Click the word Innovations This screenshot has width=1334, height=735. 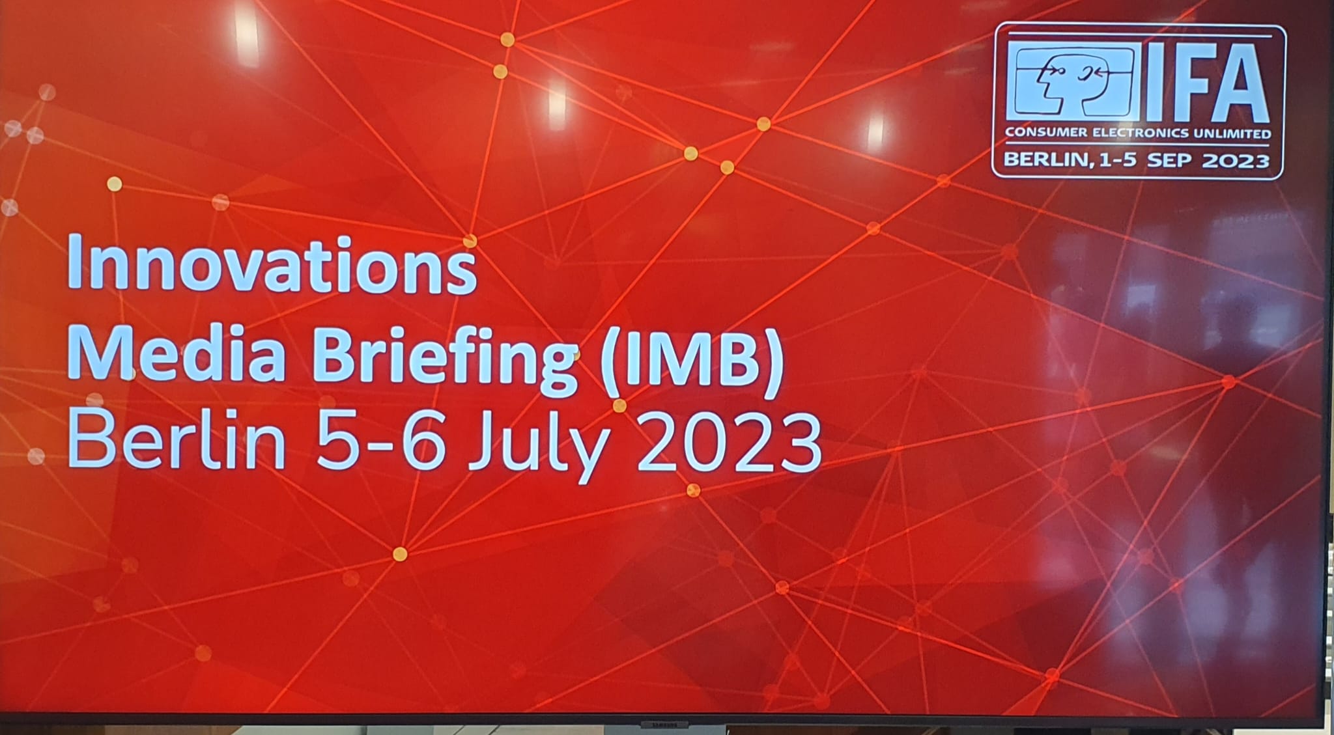coord(272,264)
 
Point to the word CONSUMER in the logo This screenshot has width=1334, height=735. coord(1046,133)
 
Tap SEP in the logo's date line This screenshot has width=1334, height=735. coord(1171,160)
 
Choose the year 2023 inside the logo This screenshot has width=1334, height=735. coord(1236,160)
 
